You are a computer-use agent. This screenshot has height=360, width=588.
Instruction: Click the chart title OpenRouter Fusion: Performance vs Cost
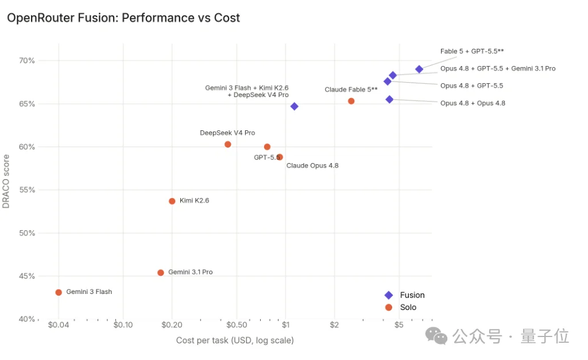(x=123, y=18)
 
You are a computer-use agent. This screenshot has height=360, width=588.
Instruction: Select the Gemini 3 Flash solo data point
(x=59, y=292)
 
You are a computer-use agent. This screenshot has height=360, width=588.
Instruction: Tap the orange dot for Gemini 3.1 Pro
(x=161, y=273)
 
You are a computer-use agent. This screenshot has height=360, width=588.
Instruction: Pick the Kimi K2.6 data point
(x=172, y=202)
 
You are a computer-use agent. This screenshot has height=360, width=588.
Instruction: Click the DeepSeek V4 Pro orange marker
(x=227, y=144)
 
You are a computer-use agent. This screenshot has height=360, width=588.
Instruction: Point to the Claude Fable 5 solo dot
(x=351, y=101)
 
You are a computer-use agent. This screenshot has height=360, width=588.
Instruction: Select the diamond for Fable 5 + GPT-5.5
(x=419, y=69)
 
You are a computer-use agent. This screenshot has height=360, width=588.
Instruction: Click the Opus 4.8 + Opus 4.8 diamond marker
(x=389, y=99)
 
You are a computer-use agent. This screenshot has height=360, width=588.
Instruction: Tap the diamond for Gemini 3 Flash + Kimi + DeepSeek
(x=295, y=106)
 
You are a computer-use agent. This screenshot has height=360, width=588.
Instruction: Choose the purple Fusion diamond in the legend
(x=389, y=295)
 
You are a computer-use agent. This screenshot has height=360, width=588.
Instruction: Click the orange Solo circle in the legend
(x=389, y=308)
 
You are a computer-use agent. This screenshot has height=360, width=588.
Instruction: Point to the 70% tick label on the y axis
(x=27, y=61)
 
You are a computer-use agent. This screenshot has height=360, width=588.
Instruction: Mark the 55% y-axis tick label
(x=27, y=190)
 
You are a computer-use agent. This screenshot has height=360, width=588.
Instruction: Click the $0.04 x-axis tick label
(x=59, y=325)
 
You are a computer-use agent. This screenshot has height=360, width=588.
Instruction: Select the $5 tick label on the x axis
(x=399, y=325)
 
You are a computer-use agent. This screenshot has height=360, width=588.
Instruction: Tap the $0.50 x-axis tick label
(x=237, y=325)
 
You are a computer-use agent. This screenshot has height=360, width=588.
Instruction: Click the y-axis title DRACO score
(x=6, y=181)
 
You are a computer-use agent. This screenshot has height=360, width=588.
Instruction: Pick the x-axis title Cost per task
(x=235, y=340)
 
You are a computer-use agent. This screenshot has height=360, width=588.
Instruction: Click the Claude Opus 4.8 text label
(x=312, y=166)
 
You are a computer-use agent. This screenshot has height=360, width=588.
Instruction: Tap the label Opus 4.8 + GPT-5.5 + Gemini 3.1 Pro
(x=498, y=69)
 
